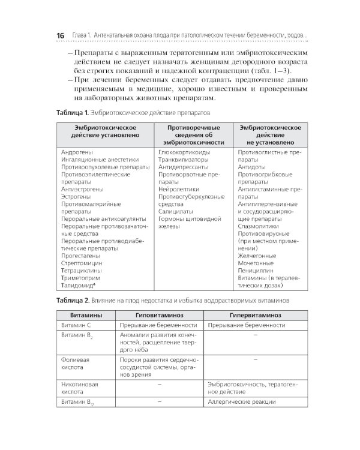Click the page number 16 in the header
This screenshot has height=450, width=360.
(60, 36)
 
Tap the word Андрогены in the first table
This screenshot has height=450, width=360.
(76, 152)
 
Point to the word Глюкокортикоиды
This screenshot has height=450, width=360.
(185, 152)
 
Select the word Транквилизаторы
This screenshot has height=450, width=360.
(184, 160)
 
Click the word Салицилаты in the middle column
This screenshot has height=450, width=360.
(175, 212)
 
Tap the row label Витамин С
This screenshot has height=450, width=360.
(76, 325)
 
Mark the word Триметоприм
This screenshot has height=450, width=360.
(80, 278)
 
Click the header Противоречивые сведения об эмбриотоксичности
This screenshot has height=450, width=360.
(193, 135)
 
